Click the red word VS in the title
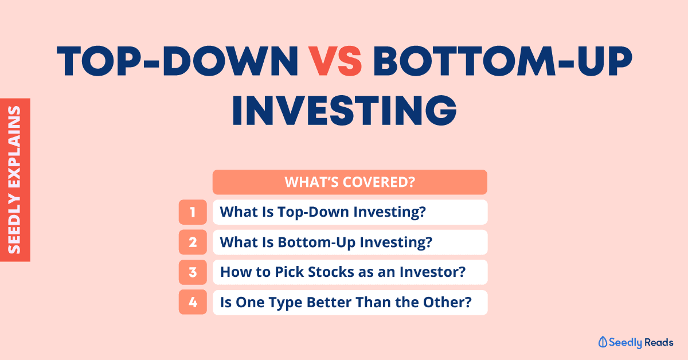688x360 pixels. click(x=335, y=61)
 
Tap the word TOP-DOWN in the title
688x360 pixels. click(x=178, y=61)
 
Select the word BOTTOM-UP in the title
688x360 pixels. click(x=502, y=61)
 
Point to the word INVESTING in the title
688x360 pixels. click(x=345, y=110)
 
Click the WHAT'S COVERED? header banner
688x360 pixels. click(x=350, y=182)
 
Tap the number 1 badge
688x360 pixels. click(x=193, y=212)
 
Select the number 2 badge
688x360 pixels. click(x=193, y=242)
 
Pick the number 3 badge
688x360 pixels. click(x=193, y=272)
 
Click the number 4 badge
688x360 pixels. click(x=193, y=302)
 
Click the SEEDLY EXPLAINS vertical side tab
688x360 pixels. click(x=15, y=180)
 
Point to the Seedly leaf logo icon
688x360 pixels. click(x=603, y=342)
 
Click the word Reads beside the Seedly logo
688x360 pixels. click(x=659, y=342)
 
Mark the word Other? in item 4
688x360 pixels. click(x=447, y=302)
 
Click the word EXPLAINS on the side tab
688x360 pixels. click(x=14, y=147)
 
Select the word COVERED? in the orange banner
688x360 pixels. click(x=379, y=182)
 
